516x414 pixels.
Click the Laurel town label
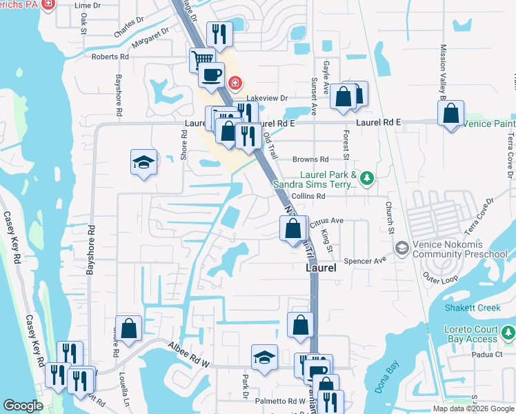click(x=321, y=268)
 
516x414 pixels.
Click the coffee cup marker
click(x=211, y=74)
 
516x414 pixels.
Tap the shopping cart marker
click(x=202, y=59)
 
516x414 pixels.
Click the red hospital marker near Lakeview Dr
click(x=235, y=83)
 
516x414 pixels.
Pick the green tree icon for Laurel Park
click(x=368, y=179)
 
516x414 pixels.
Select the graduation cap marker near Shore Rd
click(x=144, y=162)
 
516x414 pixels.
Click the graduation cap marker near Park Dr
click(x=264, y=357)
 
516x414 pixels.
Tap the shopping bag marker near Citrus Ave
click(x=293, y=227)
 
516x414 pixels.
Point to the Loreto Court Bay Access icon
click(x=508, y=334)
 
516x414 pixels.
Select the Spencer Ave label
click(x=366, y=262)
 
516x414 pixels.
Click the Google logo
click(x=23, y=406)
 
